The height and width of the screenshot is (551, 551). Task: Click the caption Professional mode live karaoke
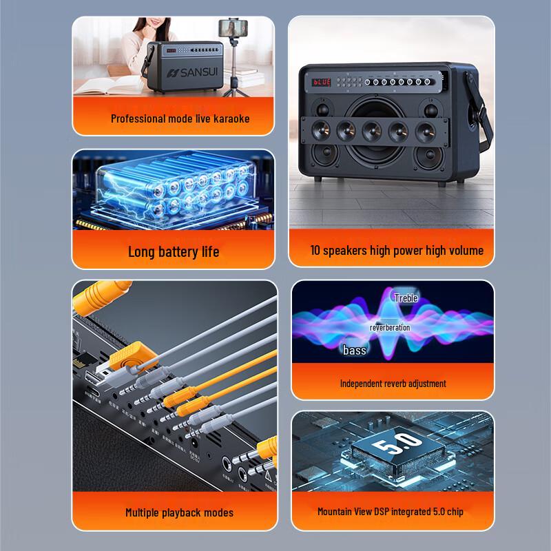pos(180,118)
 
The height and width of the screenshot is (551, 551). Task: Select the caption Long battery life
pos(174,251)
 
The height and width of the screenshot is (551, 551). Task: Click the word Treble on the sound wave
pos(406,298)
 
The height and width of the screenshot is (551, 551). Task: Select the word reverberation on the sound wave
pos(390,327)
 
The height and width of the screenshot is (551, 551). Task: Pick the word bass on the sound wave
pos(355,351)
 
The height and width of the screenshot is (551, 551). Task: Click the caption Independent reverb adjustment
pos(393,384)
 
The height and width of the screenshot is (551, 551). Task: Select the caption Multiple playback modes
pos(179,512)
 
